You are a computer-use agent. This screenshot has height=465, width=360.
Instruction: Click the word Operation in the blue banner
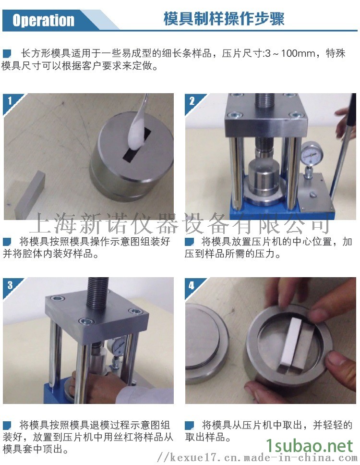click(x=43, y=21)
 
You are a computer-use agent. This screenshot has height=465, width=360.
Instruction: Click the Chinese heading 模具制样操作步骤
click(x=224, y=19)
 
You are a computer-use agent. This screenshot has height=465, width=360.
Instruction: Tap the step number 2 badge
click(x=192, y=101)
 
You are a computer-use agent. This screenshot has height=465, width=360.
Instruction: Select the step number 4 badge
click(x=192, y=285)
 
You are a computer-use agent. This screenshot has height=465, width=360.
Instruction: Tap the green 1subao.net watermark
click(x=309, y=445)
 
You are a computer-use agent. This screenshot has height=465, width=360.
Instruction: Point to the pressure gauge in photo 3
click(x=118, y=346)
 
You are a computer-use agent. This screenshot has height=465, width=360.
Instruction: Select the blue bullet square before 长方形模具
click(x=7, y=54)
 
